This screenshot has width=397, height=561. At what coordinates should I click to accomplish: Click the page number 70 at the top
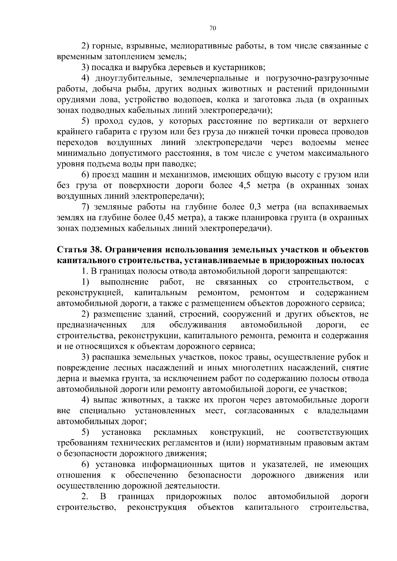point(213,28)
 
